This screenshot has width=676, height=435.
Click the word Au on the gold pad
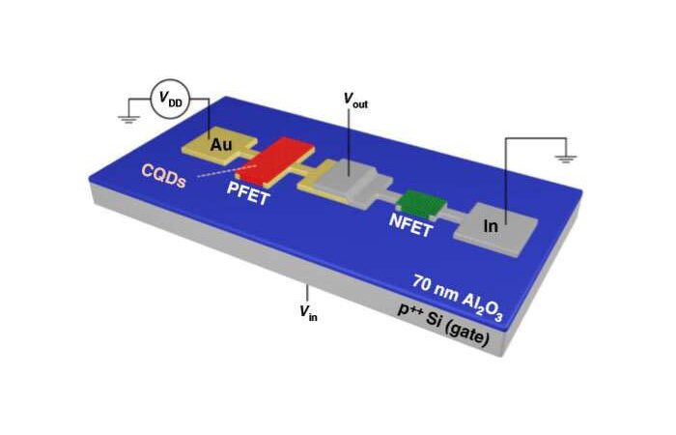point(222,144)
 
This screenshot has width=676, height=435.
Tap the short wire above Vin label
point(308,291)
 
